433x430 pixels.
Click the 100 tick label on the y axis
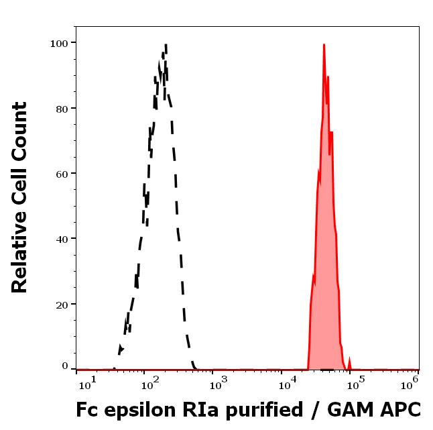(60, 43)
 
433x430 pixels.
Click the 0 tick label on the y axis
(65, 366)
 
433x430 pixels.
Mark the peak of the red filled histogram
(324, 45)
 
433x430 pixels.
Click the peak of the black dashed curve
(165, 46)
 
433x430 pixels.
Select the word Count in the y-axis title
(20, 127)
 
